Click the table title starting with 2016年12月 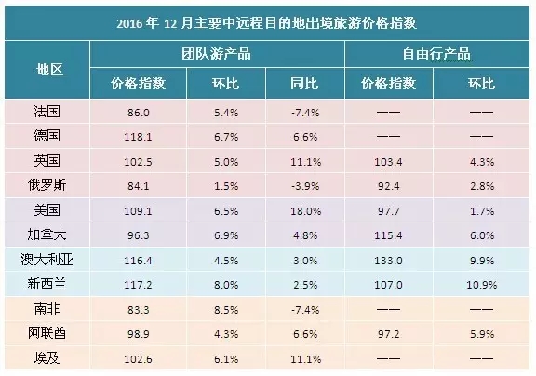click(x=267, y=23)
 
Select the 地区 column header click(x=49, y=70)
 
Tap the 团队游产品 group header click(x=217, y=54)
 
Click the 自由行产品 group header click(x=436, y=54)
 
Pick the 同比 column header click(x=304, y=84)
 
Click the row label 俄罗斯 click(x=47, y=185)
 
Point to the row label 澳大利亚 click(x=47, y=260)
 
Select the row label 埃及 click(x=47, y=358)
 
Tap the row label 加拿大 click(x=47, y=235)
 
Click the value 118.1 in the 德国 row click(x=138, y=137)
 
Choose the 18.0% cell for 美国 click(x=305, y=211)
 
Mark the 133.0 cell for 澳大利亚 click(x=388, y=261)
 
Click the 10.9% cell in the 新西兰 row click(x=482, y=285)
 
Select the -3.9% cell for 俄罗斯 click(x=305, y=186)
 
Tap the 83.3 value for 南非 click(x=138, y=310)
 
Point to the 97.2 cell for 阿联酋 click(x=388, y=334)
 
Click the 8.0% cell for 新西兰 click(x=226, y=285)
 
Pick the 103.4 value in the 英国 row click(x=388, y=161)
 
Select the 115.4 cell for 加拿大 click(x=388, y=235)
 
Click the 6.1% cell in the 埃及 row click(x=226, y=359)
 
